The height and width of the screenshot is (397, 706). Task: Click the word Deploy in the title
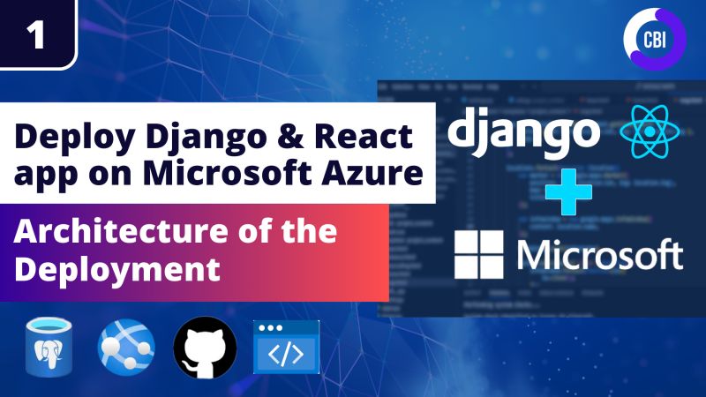(70, 139)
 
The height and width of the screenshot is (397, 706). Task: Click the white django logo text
(523, 132)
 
